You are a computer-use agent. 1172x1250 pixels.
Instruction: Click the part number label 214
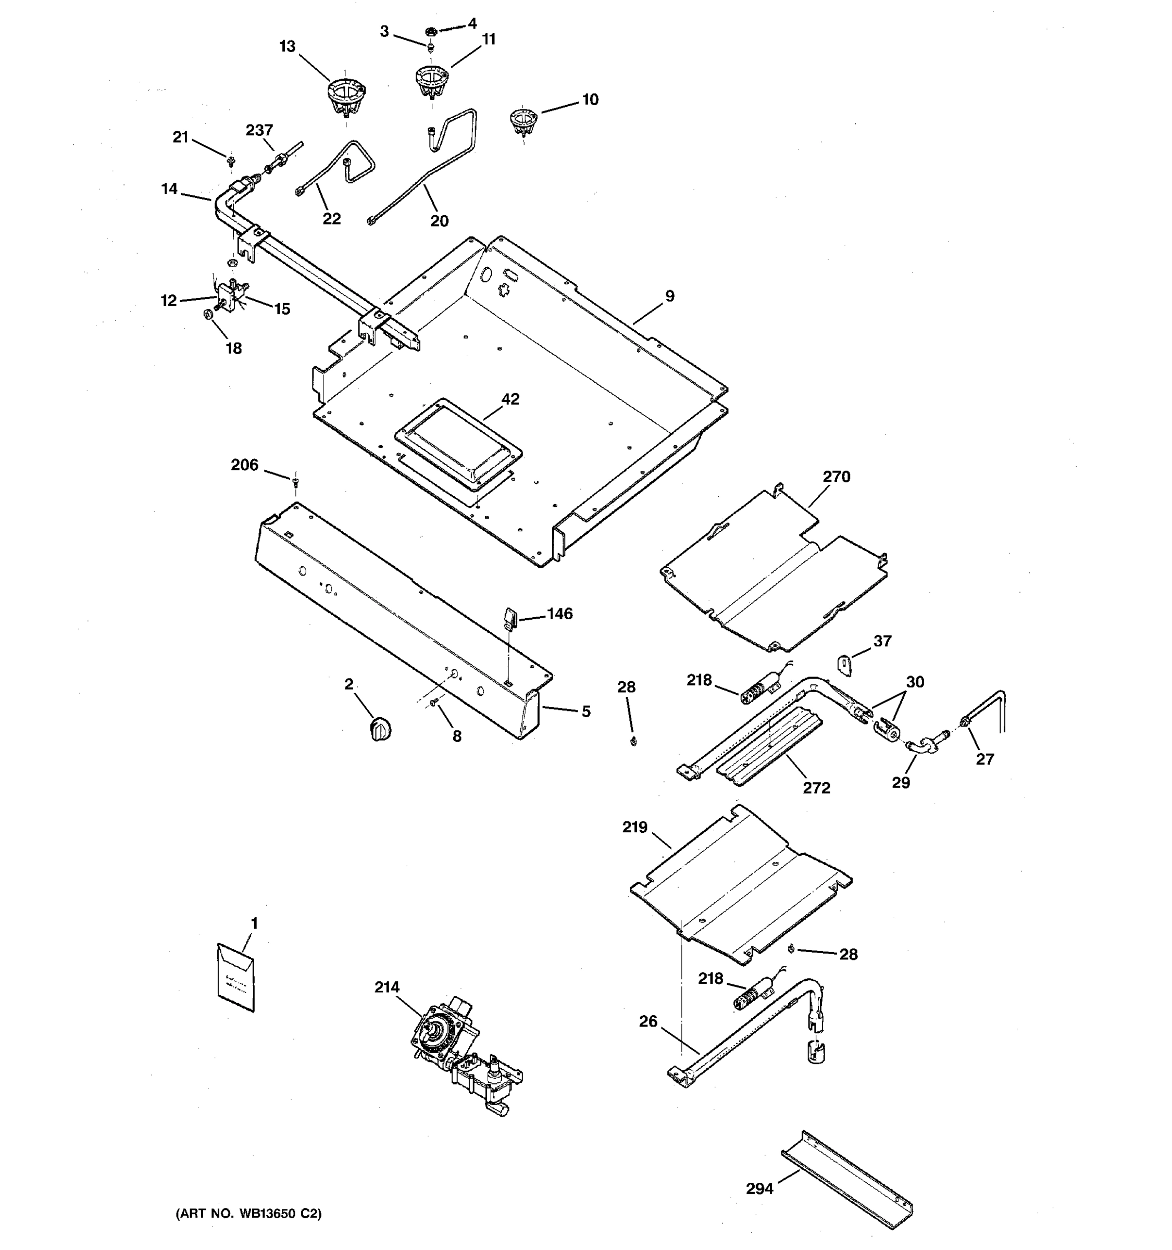coord(386,987)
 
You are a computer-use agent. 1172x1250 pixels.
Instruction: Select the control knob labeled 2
coord(379,729)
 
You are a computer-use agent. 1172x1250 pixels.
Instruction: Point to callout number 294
coord(759,1189)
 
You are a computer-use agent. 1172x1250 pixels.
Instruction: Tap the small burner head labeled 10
coord(523,121)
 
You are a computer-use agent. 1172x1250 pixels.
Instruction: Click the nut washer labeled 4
coord(431,30)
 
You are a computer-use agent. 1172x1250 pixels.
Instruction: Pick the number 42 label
coord(510,398)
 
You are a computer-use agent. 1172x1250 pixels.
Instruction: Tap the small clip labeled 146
coord(510,616)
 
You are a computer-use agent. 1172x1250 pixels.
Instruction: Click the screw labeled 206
coord(295,482)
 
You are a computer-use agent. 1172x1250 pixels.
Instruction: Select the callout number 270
coord(836,477)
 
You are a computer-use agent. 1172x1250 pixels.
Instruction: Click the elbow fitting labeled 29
coord(919,747)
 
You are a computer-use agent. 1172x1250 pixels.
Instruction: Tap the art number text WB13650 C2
coord(248,1214)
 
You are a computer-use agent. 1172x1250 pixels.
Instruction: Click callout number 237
coord(259,130)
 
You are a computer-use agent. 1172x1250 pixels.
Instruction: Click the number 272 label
coord(816,788)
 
